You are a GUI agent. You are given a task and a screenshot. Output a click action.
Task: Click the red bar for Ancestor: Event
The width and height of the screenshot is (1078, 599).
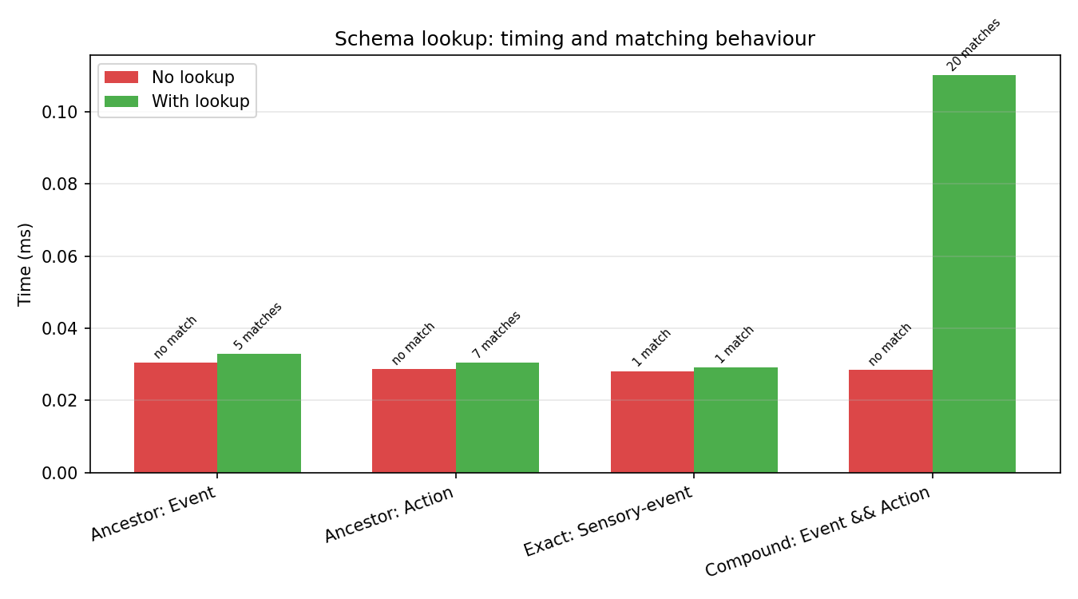(x=176, y=418)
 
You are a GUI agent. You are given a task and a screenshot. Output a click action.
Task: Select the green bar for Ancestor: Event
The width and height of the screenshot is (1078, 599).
(x=259, y=413)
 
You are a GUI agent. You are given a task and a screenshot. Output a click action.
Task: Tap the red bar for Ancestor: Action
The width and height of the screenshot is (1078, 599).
(x=414, y=421)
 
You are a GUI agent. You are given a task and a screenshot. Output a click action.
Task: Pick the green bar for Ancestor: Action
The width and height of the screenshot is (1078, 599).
(x=497, y=418)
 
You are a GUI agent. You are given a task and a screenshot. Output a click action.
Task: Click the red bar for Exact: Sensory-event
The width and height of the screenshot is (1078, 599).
(x=652, y=422)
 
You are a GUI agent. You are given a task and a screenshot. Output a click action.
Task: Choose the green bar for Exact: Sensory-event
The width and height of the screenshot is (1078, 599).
(x=735, y=420)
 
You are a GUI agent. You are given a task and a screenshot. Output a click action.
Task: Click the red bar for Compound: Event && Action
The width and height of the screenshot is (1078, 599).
(x=890, y=421)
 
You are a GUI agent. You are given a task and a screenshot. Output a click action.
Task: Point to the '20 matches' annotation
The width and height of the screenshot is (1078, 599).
(x=973, y=46)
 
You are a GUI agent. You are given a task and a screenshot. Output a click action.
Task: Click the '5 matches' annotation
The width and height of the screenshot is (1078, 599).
(x=258, y=326)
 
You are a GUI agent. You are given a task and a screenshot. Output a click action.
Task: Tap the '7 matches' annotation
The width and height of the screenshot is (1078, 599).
(x=497, y=334)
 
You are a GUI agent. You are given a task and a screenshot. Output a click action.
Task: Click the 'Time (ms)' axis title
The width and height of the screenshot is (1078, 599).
(x=25, y=264)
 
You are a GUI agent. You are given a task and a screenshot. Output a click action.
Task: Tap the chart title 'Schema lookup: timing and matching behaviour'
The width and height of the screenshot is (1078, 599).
(x=574, y=39)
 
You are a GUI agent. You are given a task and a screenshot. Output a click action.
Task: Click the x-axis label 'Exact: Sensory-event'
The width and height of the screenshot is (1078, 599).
(x=608, y=521)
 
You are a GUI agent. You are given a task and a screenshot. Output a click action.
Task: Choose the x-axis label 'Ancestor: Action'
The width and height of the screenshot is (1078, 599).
(x=389, y=514)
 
